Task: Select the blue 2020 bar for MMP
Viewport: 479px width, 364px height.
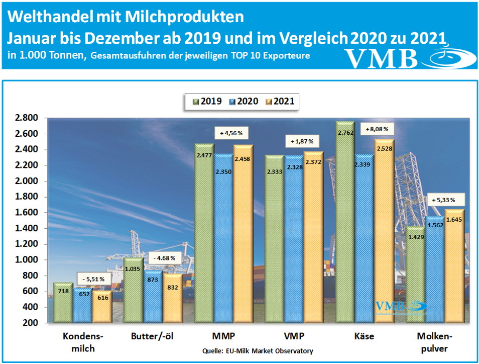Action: pyautogui.click(x=223, y=241)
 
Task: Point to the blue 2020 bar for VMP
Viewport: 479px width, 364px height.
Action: pyautogui.click(x=294, y=241)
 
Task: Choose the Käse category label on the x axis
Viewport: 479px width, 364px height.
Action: pyautogui.click(x=364, y=336)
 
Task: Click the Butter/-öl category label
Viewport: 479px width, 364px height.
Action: pyautogui.click(x=151, y=336)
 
